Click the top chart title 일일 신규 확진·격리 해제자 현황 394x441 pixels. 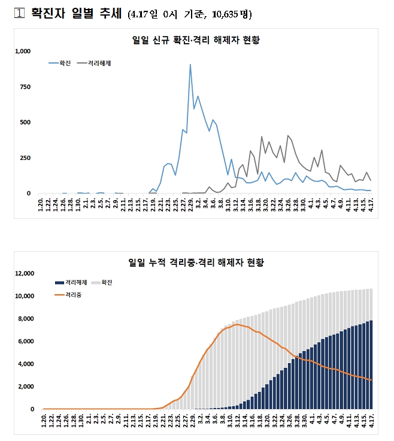coord(199,40)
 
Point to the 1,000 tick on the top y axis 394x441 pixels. coord(22,52)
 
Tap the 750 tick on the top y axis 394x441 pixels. coord(25,87)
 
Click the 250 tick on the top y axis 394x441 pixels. coord(25,158)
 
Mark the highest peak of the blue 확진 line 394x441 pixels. coord(190,65)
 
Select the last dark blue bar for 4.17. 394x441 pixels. coord(371,365)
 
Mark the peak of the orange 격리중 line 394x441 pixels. coord(237,325)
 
